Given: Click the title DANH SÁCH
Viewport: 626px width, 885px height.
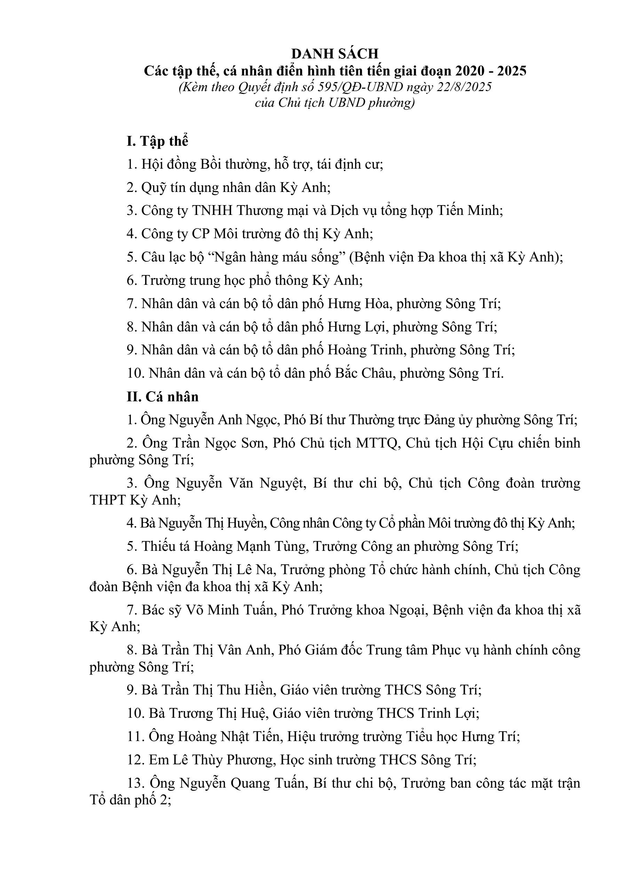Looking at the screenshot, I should pyautogui.click(x=335, y=54).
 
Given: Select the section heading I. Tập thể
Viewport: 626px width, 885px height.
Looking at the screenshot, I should pyautogui.click(x=157, y=142).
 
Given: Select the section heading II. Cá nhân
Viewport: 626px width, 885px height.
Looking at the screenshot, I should pyautogui.click(x=163, y=397).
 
